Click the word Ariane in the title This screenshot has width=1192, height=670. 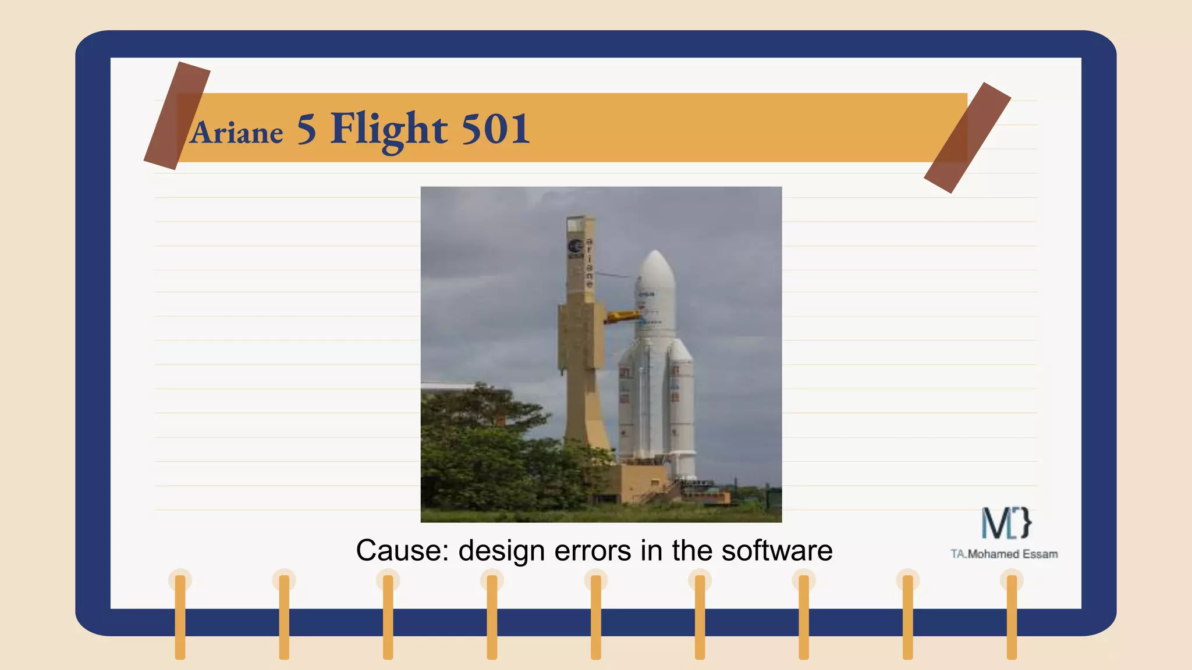(x=236, y=133)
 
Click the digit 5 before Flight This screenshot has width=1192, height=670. (x=306, y=129)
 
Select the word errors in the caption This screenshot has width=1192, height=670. (x=593, y=550)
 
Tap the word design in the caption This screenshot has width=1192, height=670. (x=501, y=550)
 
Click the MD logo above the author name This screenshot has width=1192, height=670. (x=1006, y=523)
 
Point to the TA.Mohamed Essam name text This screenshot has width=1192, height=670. (x=1004, y=554)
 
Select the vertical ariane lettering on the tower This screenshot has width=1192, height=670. (x=589, y=263)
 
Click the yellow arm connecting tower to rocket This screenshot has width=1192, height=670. (x=622, y=316)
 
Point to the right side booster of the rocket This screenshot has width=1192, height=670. (x=682, y=407)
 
